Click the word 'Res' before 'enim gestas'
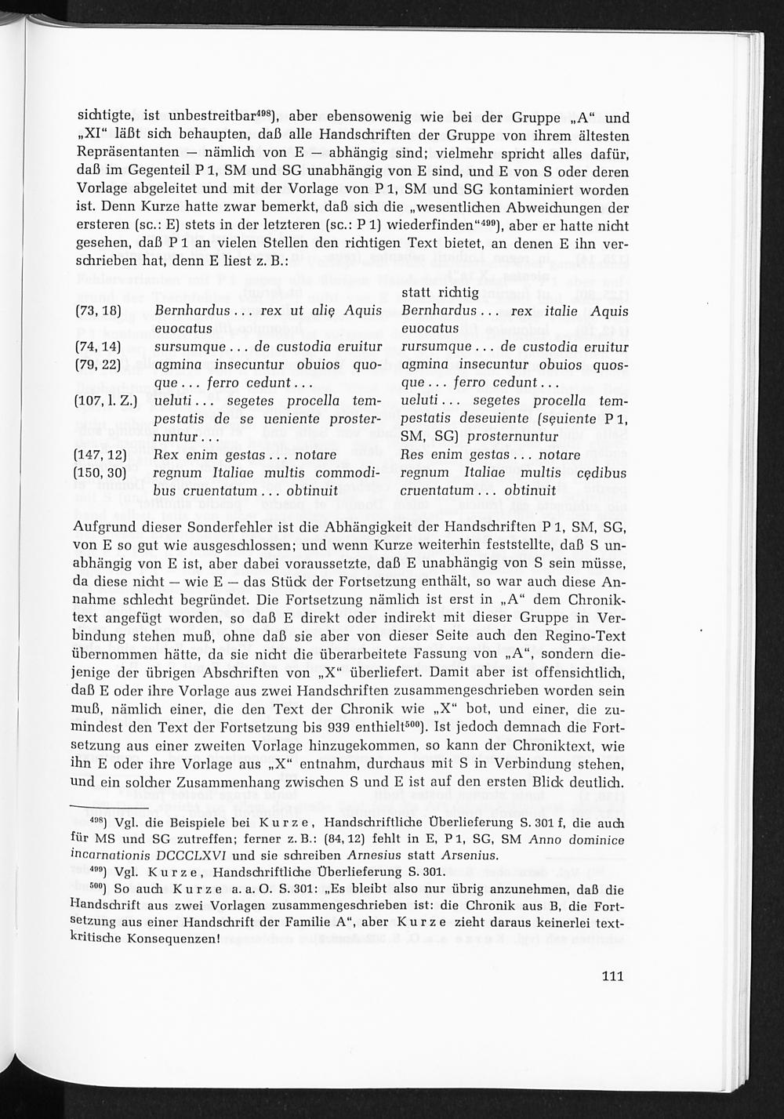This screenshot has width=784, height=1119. pos(412,455)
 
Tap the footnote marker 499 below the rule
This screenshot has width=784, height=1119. pos(98,870)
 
